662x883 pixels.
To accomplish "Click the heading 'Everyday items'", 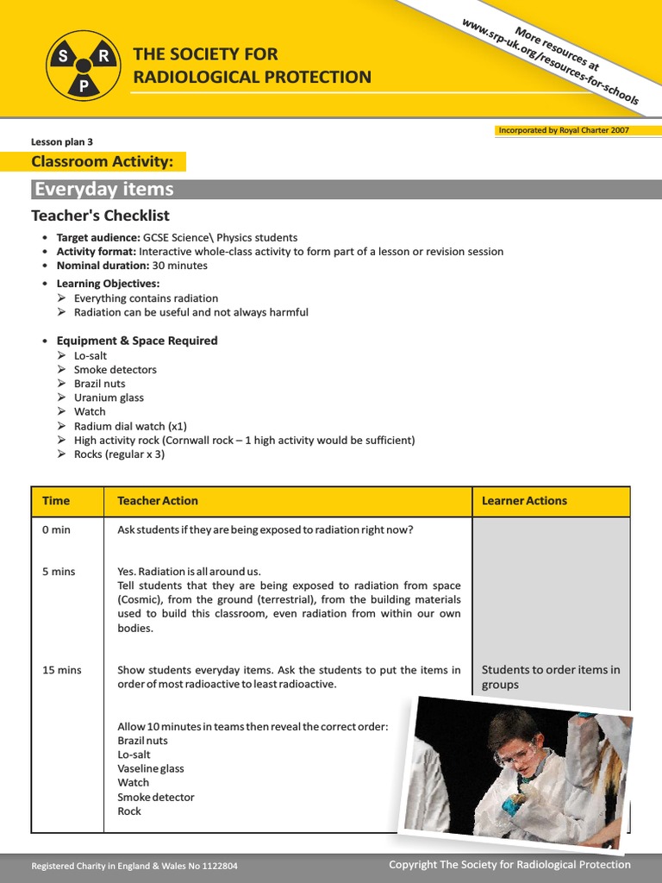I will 103,190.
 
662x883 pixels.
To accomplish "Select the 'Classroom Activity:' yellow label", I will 103,161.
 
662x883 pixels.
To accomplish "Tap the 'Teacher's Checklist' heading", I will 101,216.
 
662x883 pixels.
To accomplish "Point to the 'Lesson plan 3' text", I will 62,142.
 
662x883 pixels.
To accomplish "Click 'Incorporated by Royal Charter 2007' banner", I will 564,130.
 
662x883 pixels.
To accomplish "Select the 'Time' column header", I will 56,501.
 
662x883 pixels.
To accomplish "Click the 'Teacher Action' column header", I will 158,501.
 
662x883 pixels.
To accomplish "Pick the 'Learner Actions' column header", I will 524,501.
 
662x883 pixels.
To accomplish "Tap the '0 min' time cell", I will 56,529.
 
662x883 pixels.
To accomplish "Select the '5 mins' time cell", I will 59,572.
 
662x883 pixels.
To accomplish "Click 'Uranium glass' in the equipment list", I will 109,398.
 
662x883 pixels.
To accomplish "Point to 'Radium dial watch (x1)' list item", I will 130,426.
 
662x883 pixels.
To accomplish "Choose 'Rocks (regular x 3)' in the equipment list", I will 119,454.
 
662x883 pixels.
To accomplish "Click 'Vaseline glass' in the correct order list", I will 151,768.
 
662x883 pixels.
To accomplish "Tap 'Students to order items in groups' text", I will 550,677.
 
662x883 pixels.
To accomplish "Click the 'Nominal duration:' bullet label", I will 103,266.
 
